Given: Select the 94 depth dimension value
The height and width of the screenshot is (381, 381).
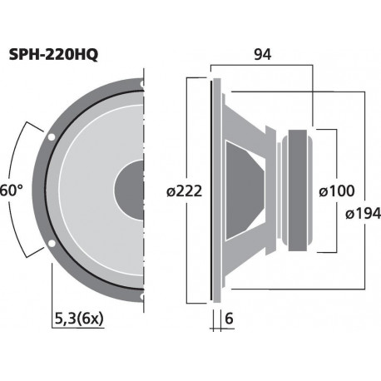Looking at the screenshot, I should tap(263, 54).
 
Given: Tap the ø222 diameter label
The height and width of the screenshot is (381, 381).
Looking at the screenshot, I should tap(184, 190).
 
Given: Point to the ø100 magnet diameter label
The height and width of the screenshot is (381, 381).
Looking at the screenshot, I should tap(336, 190).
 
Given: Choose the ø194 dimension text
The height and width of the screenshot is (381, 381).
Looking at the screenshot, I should tap(361, 215).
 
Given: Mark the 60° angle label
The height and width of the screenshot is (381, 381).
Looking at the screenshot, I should tap(10, 190).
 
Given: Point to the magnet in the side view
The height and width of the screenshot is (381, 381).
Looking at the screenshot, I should tap(298, 190).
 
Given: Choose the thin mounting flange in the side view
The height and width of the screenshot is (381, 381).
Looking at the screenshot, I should tap(215, 190).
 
